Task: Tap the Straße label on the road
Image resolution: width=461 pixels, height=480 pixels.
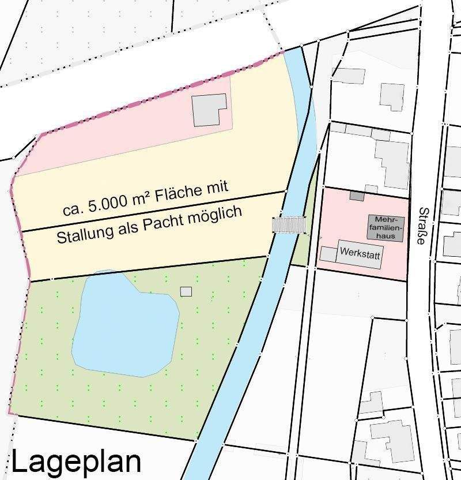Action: (423, 226)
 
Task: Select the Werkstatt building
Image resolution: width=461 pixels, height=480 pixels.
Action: (360, 253)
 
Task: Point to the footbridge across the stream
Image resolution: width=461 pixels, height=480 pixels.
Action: (289, 225)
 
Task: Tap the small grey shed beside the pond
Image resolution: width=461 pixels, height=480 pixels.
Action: (186, 291)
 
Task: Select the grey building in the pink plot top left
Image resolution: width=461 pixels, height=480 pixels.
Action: (209, 110)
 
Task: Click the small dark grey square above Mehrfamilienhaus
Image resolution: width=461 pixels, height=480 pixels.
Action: (357, 197)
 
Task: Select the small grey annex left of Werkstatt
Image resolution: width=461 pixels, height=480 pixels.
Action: (328, 253)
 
